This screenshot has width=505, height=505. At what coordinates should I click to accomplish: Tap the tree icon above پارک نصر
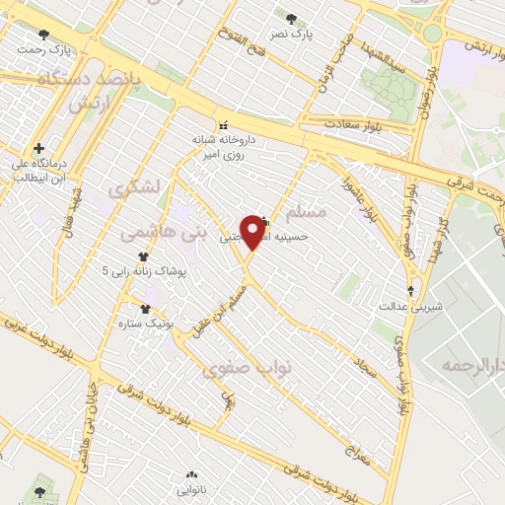pyautogui.click(x=291, y=19)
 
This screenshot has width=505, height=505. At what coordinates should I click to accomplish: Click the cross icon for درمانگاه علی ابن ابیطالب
pyautogui.click(x=38, y=148)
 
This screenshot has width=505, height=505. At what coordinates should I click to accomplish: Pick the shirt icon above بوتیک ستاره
pyautogui.click(x=145, y=310)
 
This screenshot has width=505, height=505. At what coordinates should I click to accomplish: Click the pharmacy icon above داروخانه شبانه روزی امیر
pyautogui.click(x=223, y=125)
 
